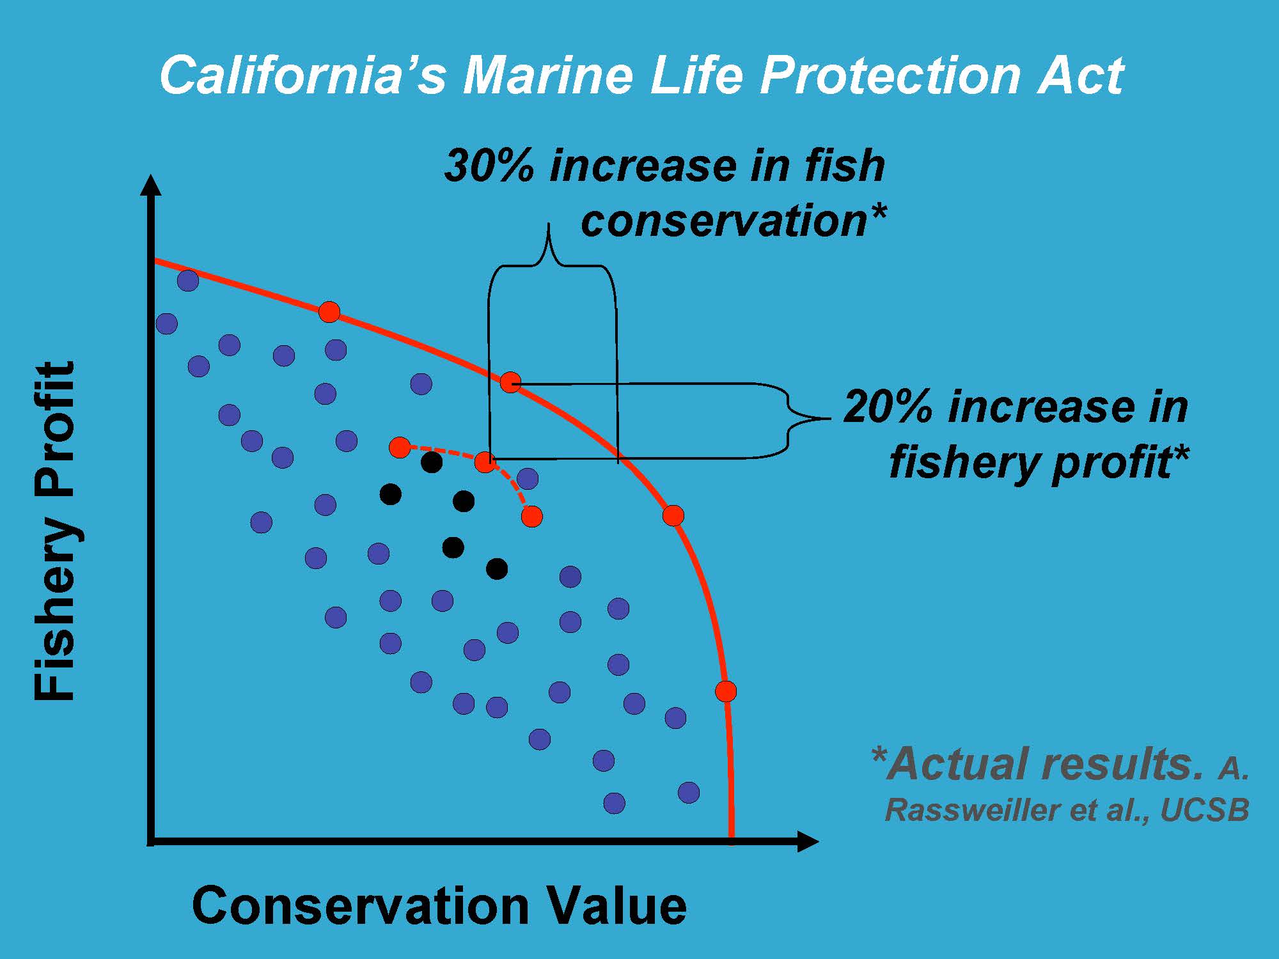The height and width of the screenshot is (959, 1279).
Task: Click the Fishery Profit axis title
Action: tap(56, 531)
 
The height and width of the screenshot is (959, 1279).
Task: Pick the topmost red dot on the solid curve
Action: tap(329, 312)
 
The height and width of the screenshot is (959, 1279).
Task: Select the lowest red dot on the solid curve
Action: tap(726, 691)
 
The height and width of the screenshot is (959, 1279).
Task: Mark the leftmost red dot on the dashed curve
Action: tap(400, 448)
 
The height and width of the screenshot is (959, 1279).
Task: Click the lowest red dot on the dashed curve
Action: tap(531, 516)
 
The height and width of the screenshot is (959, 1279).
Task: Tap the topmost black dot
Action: tap(432, 462)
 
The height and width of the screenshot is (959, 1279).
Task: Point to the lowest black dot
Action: tap(497, 568)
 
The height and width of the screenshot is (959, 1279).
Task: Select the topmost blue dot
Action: tap(187, 280)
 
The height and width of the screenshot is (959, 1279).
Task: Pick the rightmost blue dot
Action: tap(689, 792)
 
